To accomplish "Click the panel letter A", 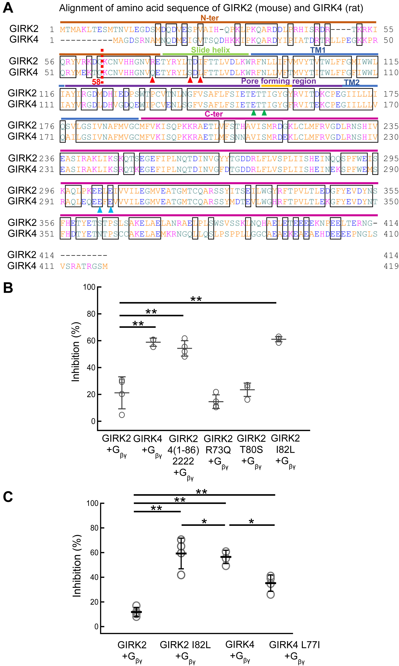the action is coord(8,8).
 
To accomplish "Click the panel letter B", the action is coord(8,288).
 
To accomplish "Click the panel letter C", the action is coord(8,497).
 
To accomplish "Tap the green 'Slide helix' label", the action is coord(211,50).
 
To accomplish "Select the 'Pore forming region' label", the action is coord(279,81).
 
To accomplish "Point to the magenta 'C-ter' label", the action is coord(214,114).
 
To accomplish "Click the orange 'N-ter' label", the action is coord(210,18).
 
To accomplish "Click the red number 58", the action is coord(96,82).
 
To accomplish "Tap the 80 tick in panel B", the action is coord(91,314).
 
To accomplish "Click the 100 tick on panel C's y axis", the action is coord(92,503).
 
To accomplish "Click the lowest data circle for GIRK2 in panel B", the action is coord(122,415).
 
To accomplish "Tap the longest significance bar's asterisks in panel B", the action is coord(196,299).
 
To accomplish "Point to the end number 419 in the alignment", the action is coord(391,266).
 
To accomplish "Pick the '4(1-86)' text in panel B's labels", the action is coord(183,450).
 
